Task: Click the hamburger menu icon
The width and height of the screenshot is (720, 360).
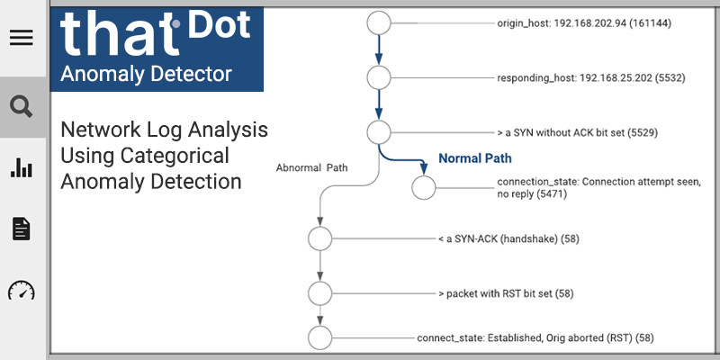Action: (21, 38)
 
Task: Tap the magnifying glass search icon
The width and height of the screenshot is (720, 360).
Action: (21, 107)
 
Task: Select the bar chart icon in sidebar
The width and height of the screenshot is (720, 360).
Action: (21, 167)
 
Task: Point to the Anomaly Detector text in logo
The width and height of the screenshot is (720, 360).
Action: (145, 74)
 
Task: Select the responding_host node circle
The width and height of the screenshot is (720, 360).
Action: (378, 77)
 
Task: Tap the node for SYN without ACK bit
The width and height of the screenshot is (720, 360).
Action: (378, 132)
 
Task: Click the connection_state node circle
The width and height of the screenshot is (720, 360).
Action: (423, 188)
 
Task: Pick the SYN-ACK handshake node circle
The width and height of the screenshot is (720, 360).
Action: (319, 239)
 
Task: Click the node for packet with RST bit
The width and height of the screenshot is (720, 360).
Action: (319, 292)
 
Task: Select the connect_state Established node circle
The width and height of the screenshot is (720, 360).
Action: (319, 337)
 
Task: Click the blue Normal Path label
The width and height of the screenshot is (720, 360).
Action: (474, 158)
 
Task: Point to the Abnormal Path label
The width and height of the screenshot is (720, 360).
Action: (312, 166)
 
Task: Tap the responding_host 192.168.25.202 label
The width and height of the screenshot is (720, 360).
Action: (591, 78)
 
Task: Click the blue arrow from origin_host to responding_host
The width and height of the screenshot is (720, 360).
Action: (378, 49)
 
